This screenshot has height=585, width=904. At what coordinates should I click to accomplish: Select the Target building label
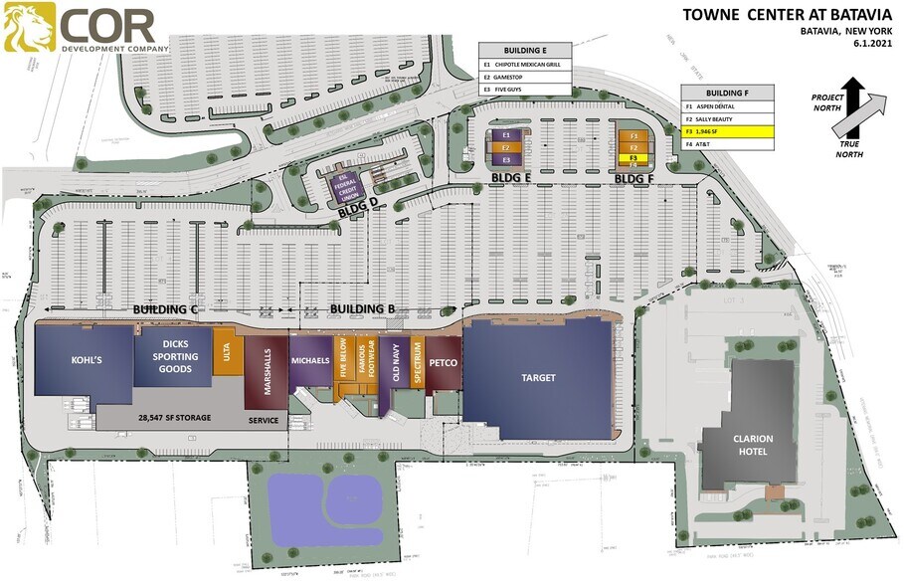[x=538, y=378]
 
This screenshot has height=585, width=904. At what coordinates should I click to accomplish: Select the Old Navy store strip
[x=397, y=364]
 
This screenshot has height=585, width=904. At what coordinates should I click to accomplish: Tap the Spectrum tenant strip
[x=418, y=364]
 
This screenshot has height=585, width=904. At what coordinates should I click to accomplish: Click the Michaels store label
[x=309, y=359]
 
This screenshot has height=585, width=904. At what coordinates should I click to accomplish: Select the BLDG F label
[x=633, y=179]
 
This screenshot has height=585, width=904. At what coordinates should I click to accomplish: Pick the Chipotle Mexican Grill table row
[x=525, y=63]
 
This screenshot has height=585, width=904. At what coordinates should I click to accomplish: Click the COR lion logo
[x=28, y=27]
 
